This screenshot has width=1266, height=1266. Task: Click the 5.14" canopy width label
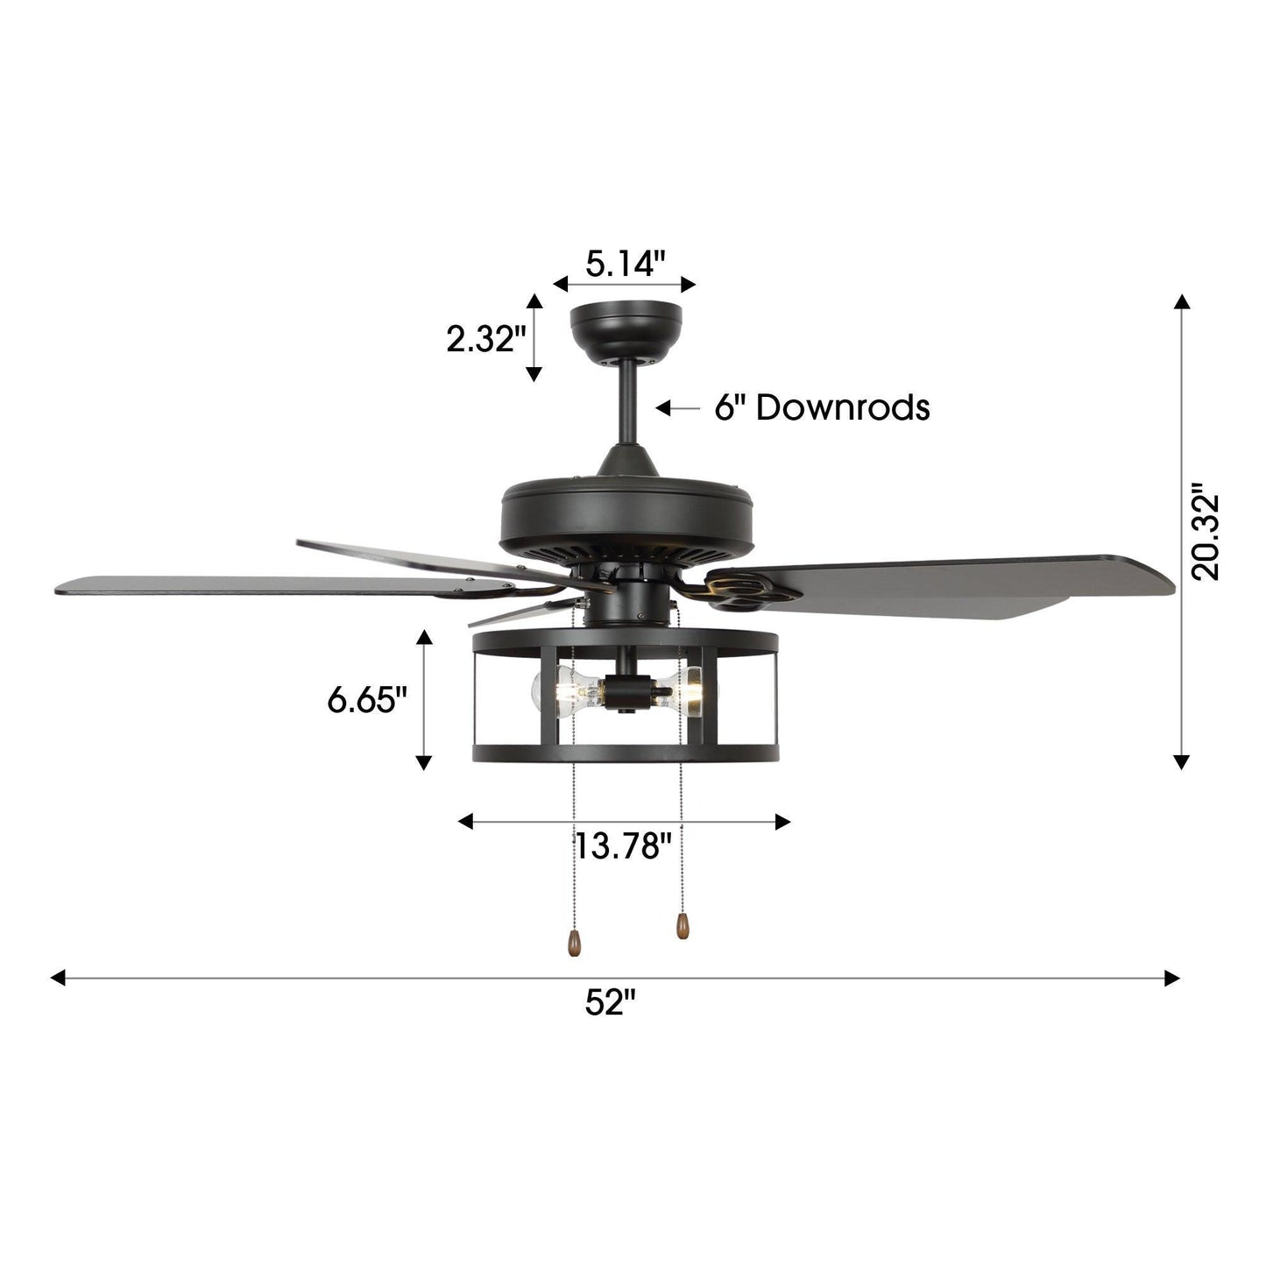click(626, 263)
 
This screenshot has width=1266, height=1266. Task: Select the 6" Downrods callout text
click(821, 407)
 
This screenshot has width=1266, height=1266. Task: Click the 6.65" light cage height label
click(368, 700)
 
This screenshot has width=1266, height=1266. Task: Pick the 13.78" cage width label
click(623, 846)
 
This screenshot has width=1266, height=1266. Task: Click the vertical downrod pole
click(626, 403)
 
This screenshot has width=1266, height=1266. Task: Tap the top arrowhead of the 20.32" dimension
click(1182, 302)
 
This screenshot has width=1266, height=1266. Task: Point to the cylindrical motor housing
click(626, 517)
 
